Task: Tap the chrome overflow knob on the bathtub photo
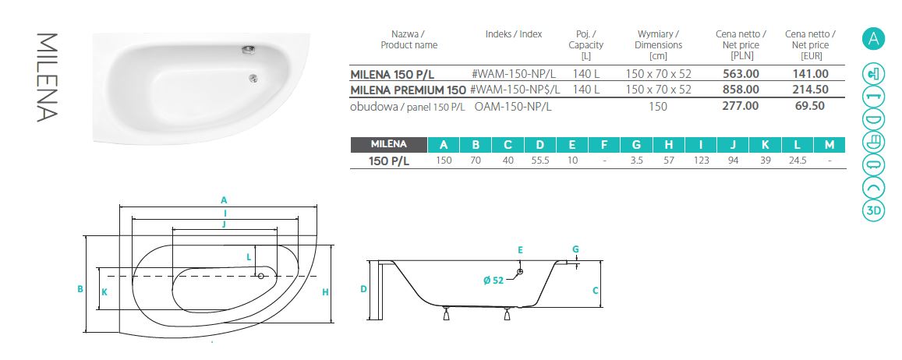tap(249, 50)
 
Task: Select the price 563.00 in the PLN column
tap(741, 73)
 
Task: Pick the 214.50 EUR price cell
tap(809, 90)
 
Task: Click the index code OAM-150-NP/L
tap(513, 107)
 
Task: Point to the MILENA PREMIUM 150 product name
tap(408, 90)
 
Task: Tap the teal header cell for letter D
tap(539, 145)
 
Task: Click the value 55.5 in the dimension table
tap(539, 161)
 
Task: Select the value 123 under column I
tap(701, 161)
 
